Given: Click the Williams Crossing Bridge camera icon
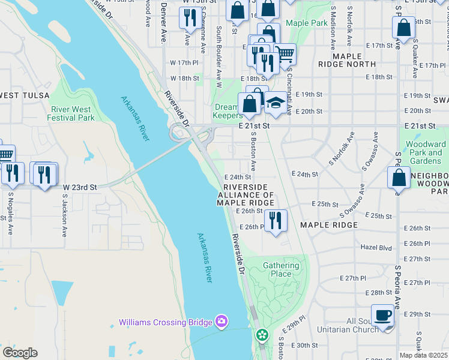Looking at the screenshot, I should [x=221, y=322].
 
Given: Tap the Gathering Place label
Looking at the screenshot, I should [x=280, y=270].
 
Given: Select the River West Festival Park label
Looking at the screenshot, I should [x=71, y=113].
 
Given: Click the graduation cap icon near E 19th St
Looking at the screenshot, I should [x=276, y=103].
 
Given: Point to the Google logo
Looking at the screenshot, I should [x=20, y=353].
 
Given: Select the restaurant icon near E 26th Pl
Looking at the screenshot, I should [x=276, y=220].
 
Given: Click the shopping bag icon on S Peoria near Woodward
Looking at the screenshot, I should [x=399, y=178].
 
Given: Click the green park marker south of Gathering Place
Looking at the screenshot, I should [x=262, y=335].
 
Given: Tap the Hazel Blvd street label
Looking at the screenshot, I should [x=376, y=247].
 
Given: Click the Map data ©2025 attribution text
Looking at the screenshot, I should [x=424, y=355].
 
